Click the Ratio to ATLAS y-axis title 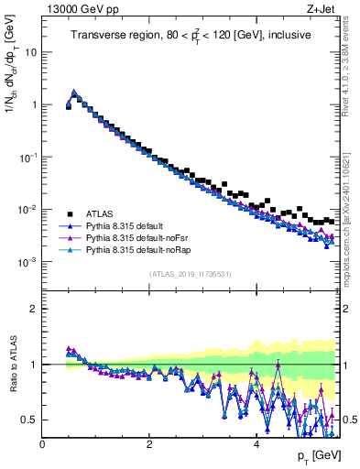(x=12, y=364)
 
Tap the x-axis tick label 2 (x=149, y=444)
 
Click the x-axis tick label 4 (x=256, y=444)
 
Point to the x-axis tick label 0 (x=43, y=444)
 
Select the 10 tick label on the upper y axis (x=29, y=52)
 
